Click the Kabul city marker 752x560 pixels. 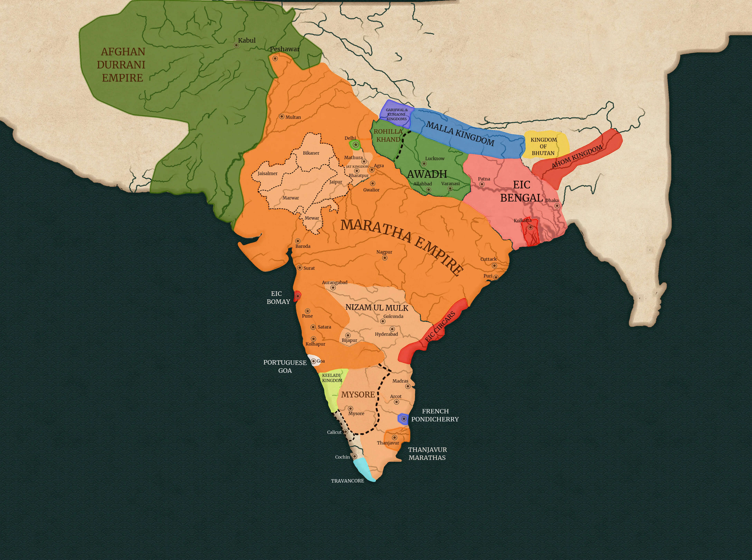[236, 45]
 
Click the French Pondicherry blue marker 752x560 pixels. [403, 419]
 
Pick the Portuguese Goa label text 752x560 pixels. [285, 366]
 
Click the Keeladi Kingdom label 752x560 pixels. [332, 378]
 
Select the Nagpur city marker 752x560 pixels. [384, 258]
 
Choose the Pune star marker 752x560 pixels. [307, 311]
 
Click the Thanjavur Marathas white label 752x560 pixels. [427, 453]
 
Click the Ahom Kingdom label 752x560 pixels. [577, 156]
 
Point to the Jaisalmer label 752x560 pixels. [268, 173]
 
